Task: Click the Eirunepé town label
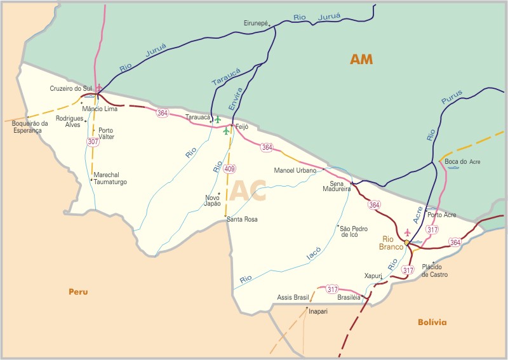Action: tap(257, 23)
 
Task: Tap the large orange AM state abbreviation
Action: tap(361, 60)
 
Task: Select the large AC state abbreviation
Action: tap(248, 191)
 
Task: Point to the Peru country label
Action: tap(78, 292)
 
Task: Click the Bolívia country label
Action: tap(432, 323)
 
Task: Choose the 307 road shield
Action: tap(93, 142)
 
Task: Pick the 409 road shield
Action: tap(229, 169)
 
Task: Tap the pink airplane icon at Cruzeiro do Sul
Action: tap(98, 88)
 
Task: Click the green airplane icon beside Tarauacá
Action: tap(218, 119)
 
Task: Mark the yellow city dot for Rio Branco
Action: tap(406, 243)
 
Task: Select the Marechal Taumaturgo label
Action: tap(110, 178)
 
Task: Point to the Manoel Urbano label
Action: tap(295, 170)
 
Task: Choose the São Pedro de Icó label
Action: tap(354, 231)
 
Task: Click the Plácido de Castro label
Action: tap(435, 271)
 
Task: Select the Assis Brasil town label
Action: tap(293, 297)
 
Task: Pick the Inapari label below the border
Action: tap(317, 312)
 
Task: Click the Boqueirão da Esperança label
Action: tap(27, 127)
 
